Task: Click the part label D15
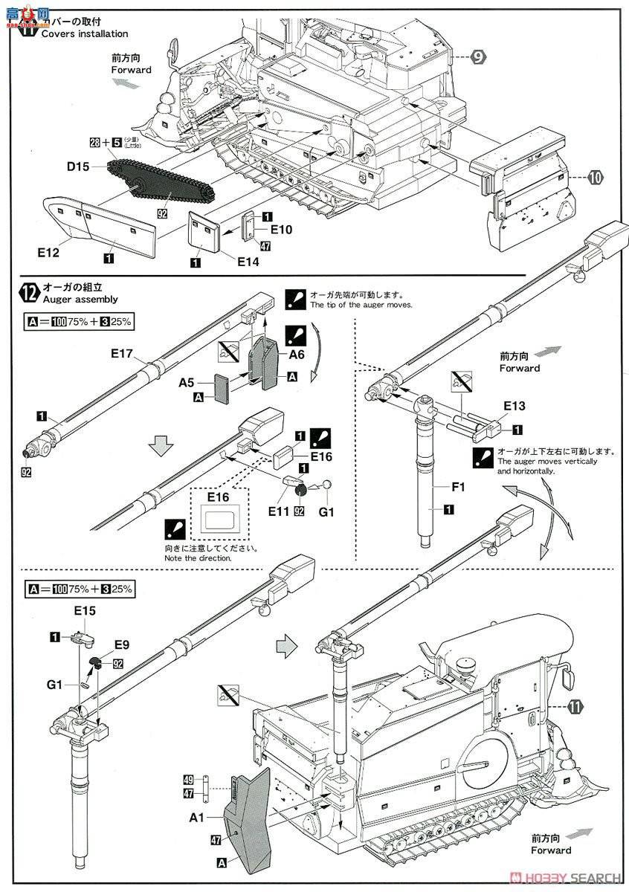point(77,168)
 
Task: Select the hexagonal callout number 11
point(573,705)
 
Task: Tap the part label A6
point(297,355)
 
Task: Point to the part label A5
point(187,384)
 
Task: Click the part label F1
point(458,488)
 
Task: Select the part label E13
point(514,406)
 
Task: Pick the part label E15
point(86,610)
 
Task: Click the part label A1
point(196,816)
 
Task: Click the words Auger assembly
point(80,300)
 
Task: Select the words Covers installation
point(84,34)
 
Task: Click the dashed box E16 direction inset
point(216,514)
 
